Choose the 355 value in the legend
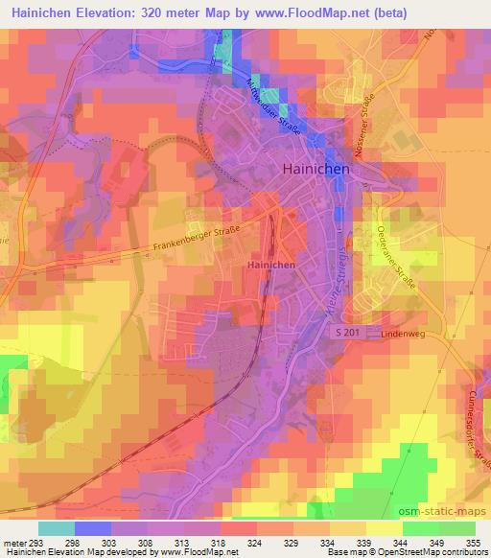coord(474,543)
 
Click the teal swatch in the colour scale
coord(57,528)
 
